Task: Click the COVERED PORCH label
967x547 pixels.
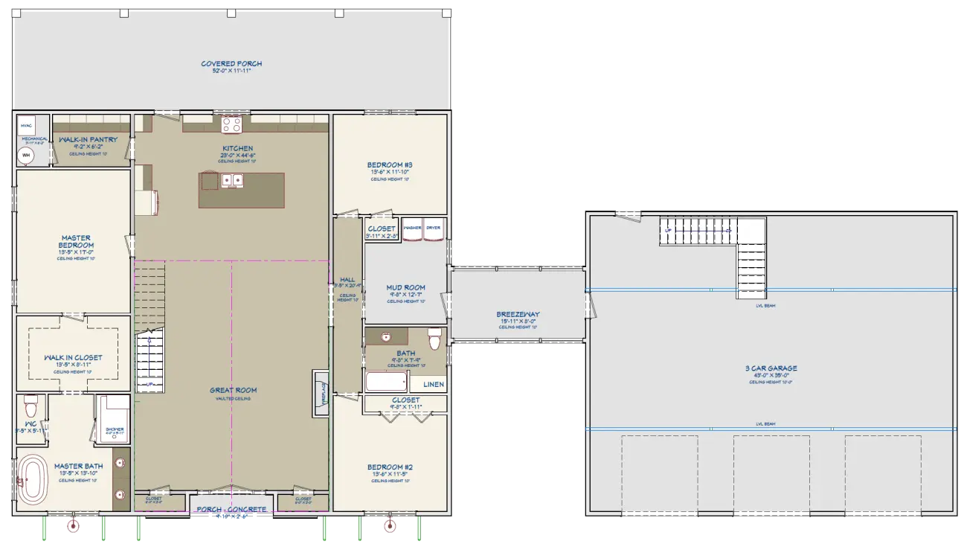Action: point(231,64)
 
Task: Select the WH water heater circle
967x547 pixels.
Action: point(27,156)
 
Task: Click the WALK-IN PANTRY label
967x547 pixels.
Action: point(89,140)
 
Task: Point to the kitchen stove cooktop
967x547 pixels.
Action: point(231,124)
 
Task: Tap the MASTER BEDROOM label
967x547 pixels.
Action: point(77,242)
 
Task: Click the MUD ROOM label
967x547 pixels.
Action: point(405,287)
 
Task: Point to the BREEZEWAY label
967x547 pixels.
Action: point(518,315)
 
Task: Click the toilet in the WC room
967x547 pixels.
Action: point(30,407)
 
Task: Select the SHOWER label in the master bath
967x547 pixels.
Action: point(115,429)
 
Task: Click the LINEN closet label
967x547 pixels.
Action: point(433,385)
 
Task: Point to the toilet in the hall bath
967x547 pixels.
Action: point(435,339)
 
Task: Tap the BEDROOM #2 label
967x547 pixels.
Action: point(390,467)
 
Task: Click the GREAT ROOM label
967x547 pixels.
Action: point(233,390)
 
